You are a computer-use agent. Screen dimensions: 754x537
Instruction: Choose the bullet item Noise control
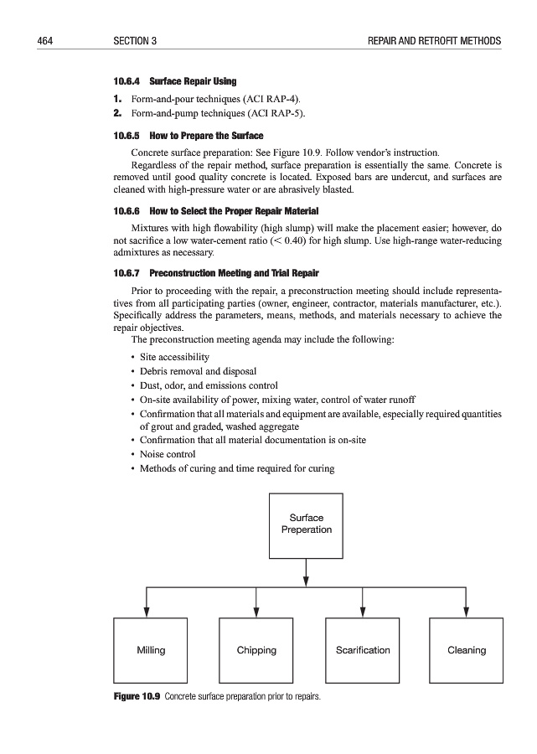click(x=168, y=454)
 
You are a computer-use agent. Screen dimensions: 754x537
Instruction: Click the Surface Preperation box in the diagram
click(x=306, y=524)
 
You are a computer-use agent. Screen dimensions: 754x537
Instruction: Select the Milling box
click(x=151, y=650)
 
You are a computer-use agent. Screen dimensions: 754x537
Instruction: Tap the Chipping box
click(x=256, y=650)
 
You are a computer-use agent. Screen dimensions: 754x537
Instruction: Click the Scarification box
click(x=363, y=650)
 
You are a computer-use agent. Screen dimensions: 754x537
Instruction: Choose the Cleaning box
click(x=467, y=650)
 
